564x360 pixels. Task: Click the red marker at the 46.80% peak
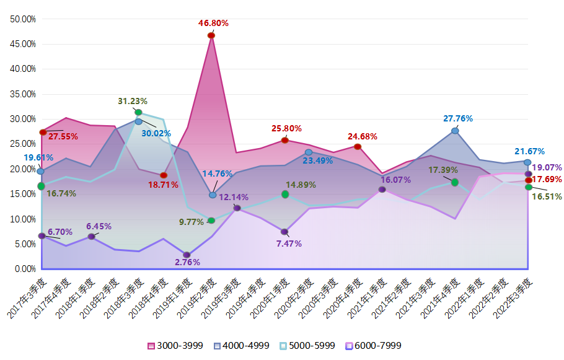211,35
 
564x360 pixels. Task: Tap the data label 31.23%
133,101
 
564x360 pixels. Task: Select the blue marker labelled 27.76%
455,131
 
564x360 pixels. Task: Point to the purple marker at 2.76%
187,255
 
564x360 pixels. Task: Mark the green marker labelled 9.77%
211,220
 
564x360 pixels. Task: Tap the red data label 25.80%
286,128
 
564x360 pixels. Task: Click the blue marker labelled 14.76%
213,195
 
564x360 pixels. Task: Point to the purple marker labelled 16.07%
382,189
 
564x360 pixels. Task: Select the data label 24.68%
362,136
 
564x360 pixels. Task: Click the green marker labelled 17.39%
455,182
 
